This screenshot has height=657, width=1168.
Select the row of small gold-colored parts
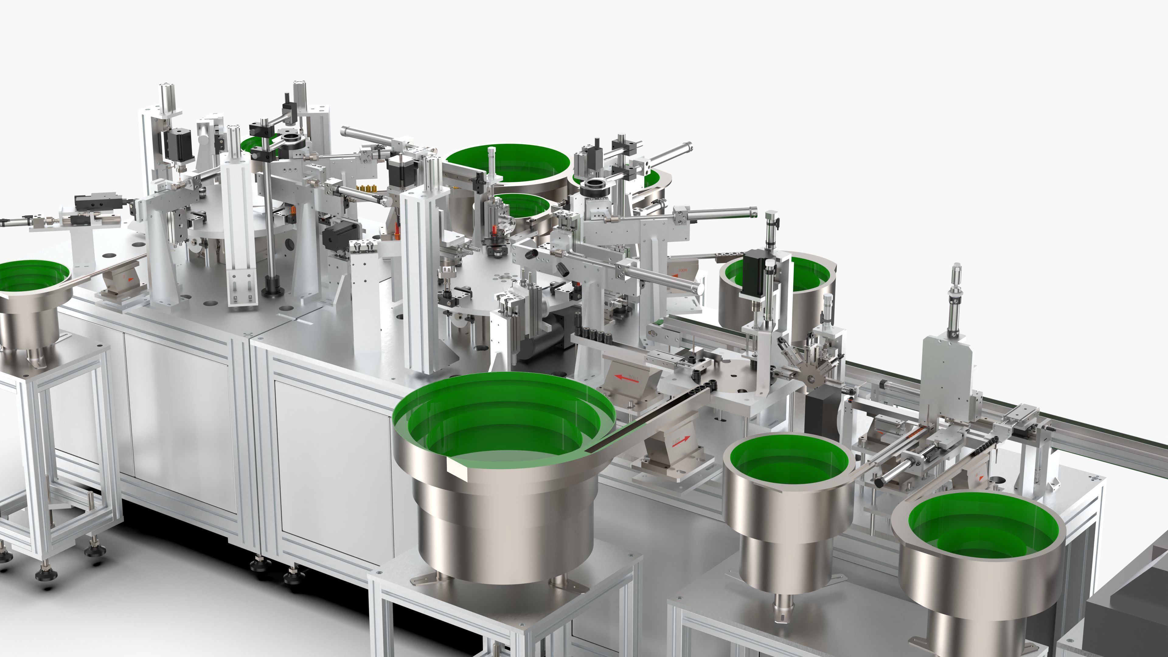click(367, 187)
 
